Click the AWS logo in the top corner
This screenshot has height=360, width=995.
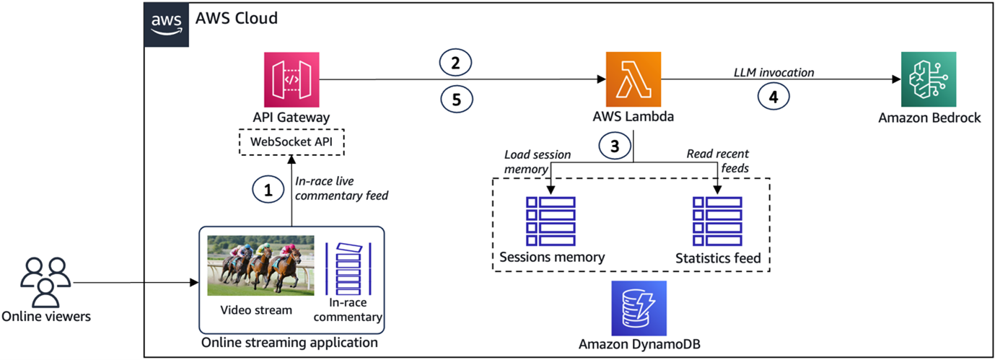pyautogui.click(x=166, y=24)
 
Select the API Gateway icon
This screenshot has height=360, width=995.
pyautogui.click(x=292, y=79)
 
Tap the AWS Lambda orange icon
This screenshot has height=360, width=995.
pyautogui.click(x=633, y=79)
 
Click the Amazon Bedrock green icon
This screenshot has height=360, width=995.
pyautogui.click(x=929, y=79)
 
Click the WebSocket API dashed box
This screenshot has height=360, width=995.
pyautogui.click(x=292, y=141)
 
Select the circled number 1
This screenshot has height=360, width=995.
pyautogui.click(x=268, y=190)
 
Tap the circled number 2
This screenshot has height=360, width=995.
pyautogui.click(x=455, y=63)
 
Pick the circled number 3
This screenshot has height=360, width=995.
pyautogui.click(x=615, y=145)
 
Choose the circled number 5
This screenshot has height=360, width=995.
pyautogui.click(x=455, y=100)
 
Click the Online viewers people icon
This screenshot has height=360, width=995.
pyautogui.click(x=45, y=281)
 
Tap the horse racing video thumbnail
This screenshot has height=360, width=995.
pyautogui.click(x=260, y=265)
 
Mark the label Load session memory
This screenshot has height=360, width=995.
pyautogui.click(x=538, y=161)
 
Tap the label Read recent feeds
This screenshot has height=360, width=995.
pyautogui.click(x=717, y=160)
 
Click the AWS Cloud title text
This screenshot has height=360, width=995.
pyautogui.click(x=236, y=19)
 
